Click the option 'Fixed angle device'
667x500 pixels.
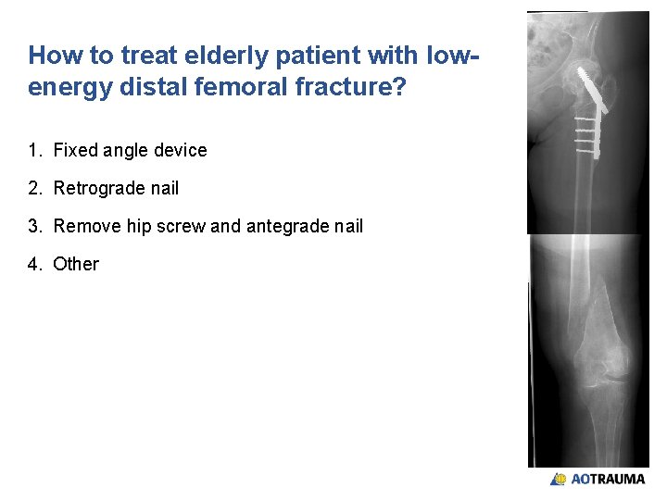pos(130,150)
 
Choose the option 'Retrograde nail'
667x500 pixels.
pos(116,188)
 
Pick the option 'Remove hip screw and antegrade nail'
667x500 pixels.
pos(208,226)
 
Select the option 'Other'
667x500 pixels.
pos(76,264)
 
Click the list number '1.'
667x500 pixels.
pos(35,150)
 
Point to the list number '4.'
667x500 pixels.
pos(35,264)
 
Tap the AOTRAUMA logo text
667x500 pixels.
pos(608,480)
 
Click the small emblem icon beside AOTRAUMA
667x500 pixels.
pos(559,480)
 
